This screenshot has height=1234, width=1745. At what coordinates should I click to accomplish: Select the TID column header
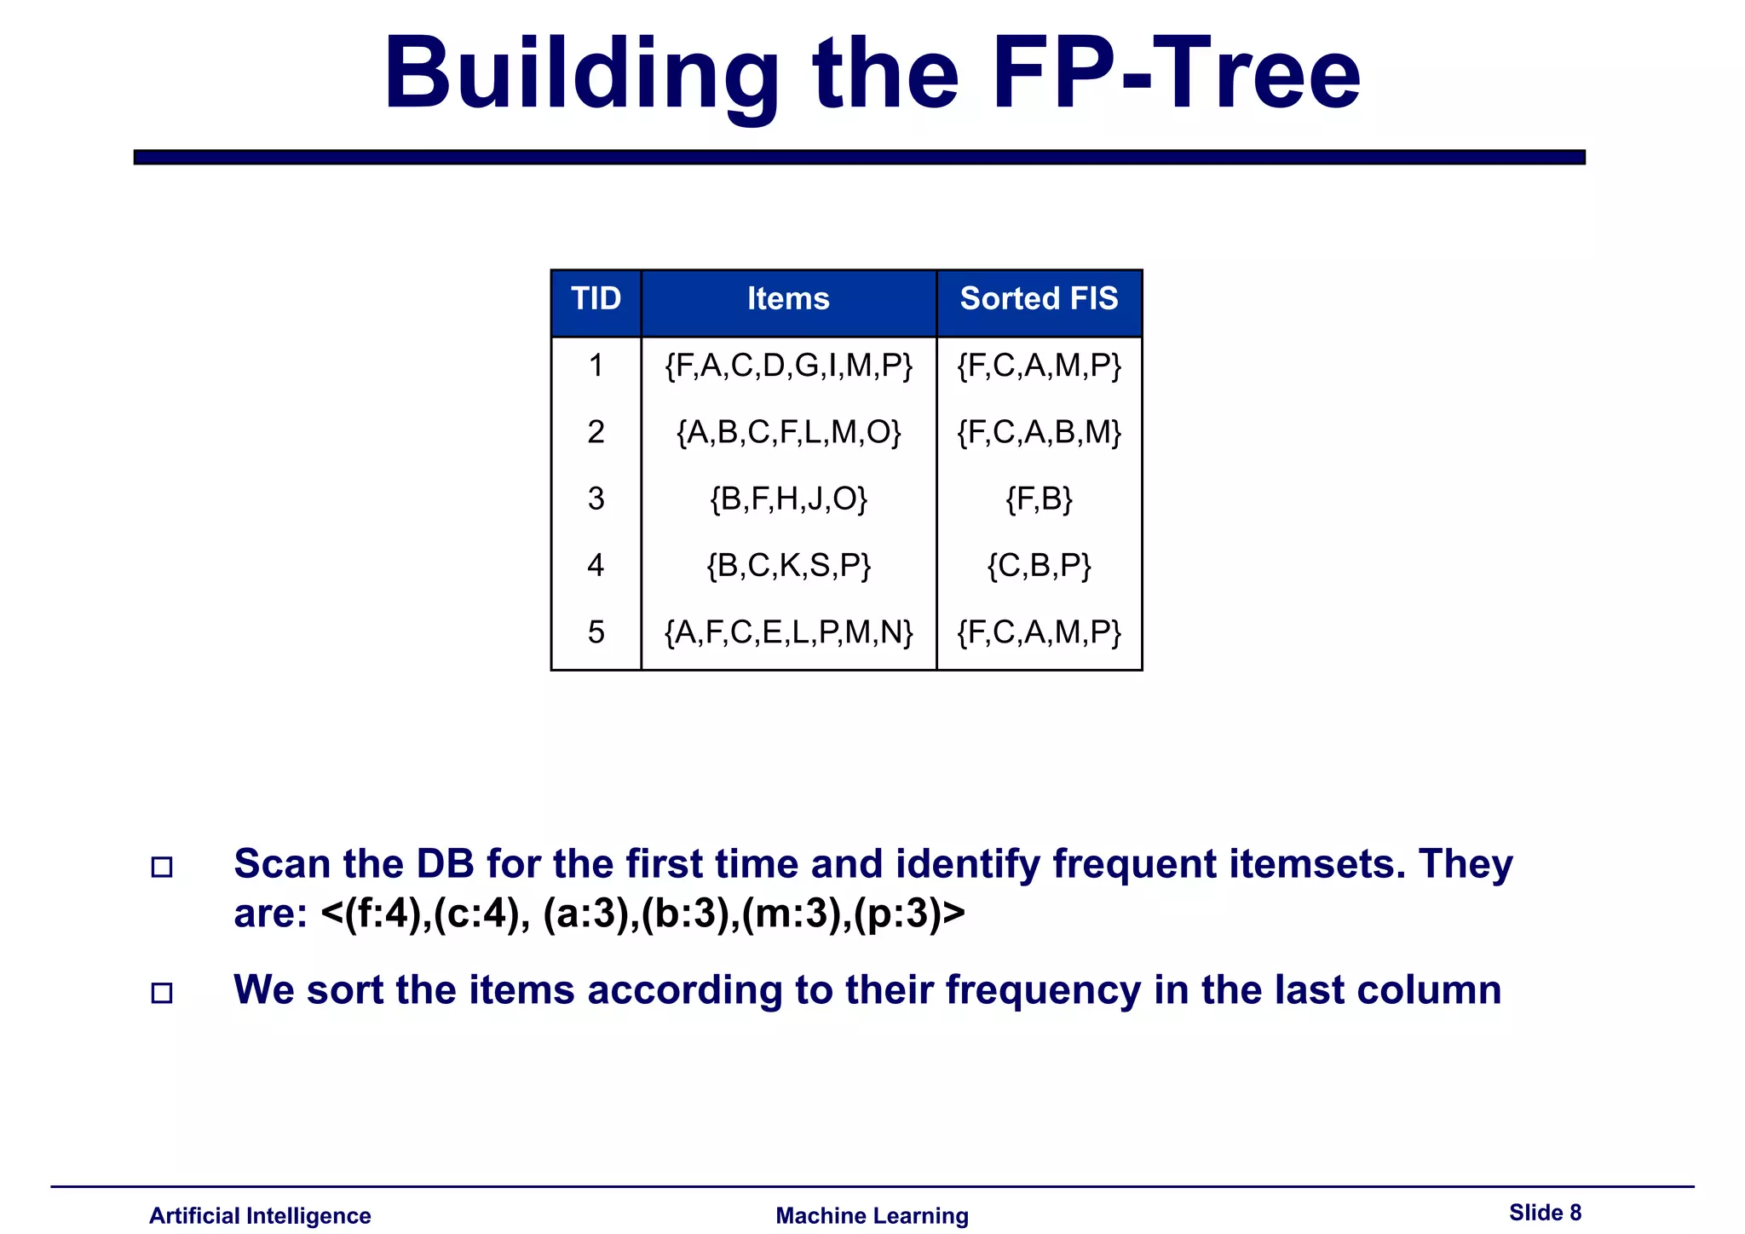click(x=596, y=299)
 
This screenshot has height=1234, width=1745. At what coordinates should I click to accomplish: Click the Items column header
click(x=788, y=299)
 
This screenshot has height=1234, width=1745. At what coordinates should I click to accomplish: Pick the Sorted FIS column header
click(x=1039, y=299)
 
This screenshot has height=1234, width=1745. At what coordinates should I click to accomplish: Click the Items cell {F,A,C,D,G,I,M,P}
click(x=788, y=366)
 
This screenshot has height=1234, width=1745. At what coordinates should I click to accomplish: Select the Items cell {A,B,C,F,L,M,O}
click(x=788, y=432)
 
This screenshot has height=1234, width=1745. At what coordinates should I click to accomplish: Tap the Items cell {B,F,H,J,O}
click(x=788, y=499)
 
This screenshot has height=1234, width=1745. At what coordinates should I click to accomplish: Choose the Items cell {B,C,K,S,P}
click(x=788, y=565)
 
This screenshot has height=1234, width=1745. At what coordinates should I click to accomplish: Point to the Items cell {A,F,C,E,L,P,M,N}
click(x=788, y=632)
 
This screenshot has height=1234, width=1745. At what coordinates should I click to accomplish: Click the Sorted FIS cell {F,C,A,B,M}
click(x=1039, y=432)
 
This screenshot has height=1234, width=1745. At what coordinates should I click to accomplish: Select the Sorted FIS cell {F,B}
click(x=1039, y=499)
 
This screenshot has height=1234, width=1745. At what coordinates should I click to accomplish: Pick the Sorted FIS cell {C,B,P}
click(x=1039, y=565)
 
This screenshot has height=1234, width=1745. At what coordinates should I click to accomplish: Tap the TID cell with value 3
click(x=596, y=499)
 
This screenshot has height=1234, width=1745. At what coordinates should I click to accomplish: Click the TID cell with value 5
click(x=596, y=632)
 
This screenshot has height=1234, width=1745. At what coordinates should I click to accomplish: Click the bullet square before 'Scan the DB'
click(x=162, y=868)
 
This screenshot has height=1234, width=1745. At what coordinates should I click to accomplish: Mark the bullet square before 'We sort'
click(x=162, y=993)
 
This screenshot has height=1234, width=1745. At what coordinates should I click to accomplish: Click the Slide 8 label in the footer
click(x=1545, y=1213)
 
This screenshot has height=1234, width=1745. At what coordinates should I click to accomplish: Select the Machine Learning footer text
click(x=872, y=1216)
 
